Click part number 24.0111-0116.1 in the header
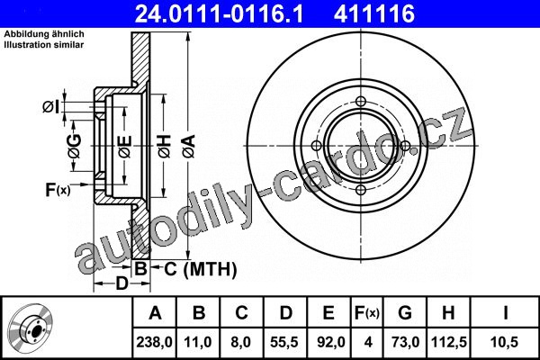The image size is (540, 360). [219, 13]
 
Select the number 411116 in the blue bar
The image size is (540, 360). [374, 13]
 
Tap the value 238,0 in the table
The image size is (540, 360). [154, 342]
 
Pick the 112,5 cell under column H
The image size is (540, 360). [449, 342]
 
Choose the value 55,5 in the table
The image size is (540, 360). [284, 342]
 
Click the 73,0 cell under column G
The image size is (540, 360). [405, 342]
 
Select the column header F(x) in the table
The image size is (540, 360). [367, 313]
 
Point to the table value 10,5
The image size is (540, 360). [504, 342]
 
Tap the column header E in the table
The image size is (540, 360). [328, 313]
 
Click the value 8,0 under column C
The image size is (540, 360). [241, 342]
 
